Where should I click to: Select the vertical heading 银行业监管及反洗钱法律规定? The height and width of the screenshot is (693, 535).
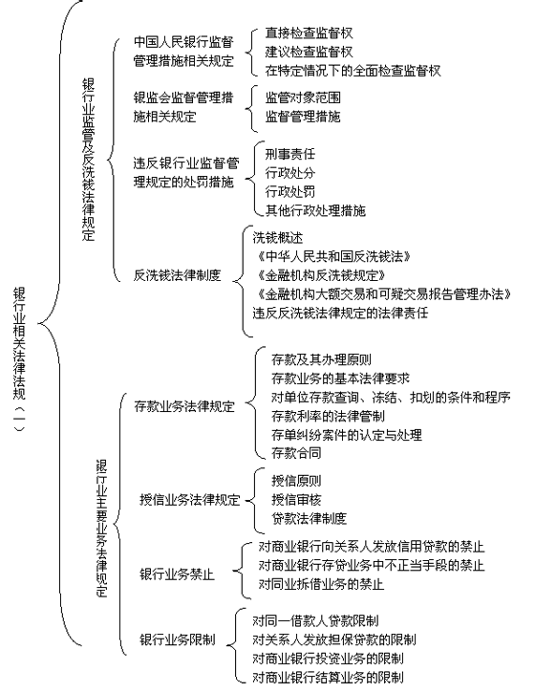[88, 160]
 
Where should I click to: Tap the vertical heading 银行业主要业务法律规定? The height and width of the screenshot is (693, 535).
[102, 529]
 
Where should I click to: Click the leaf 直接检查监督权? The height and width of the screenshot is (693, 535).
[309, 32]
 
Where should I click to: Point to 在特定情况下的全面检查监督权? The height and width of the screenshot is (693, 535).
[353, 71]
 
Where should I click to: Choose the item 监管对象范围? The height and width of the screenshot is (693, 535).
[303, 97]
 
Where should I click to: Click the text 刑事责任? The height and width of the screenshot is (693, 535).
[289, 154]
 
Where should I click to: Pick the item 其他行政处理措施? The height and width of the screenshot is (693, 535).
[315, 210]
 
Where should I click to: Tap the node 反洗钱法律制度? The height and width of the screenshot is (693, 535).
[177, 275]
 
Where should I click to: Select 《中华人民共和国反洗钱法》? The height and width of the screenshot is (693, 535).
[332, 256]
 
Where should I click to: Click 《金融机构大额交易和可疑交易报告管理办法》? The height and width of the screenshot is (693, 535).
[382, 293]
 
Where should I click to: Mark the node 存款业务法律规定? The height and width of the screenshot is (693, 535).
[183, 406]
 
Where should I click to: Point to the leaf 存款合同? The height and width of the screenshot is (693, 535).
[296, 453]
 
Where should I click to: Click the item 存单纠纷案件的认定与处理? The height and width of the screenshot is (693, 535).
[347, 435]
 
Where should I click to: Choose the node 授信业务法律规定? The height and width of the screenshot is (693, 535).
[190, 500]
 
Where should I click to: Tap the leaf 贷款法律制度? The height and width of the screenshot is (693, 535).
[309, 518]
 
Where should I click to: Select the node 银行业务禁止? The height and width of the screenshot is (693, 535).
[177, 574]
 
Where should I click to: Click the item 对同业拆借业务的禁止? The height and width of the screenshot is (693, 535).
[321, 584]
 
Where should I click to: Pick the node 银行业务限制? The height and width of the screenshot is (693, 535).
[177, 639]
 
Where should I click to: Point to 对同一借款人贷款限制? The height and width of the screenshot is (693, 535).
[315, 621]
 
